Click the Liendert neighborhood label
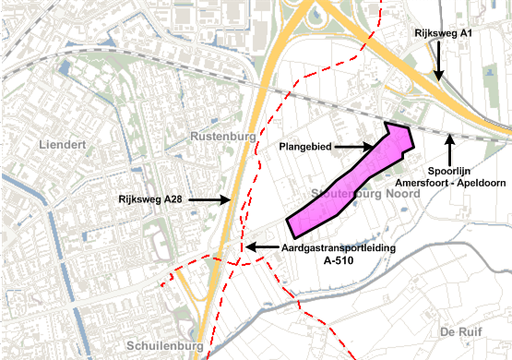[x=64, y=145]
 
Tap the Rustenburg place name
[x=221, y=137]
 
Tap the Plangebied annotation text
[x=304, y=147]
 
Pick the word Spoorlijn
[x=451, y=171]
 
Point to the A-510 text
[x=339, y=261]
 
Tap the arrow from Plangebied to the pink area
[x=353, y=147]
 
